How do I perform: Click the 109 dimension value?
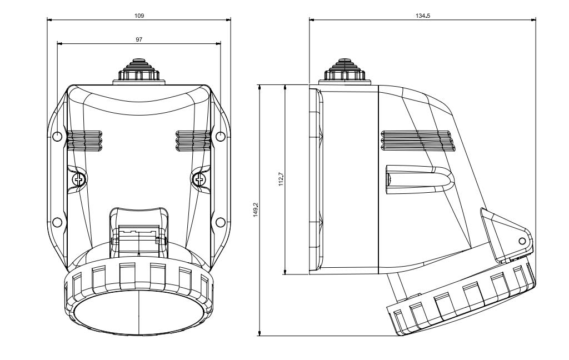tap(139, 16)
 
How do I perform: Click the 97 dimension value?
tap(139, 39)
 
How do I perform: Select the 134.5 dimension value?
tap(423, 16)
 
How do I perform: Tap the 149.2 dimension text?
tap(256, 209)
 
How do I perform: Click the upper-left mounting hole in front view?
tap(57, 137)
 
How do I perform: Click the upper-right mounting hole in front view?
tap(221, 137)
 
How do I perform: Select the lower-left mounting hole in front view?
tap(57, 222)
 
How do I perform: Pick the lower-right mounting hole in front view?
tap(221, 222)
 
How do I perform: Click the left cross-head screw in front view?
tap(79, 179)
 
